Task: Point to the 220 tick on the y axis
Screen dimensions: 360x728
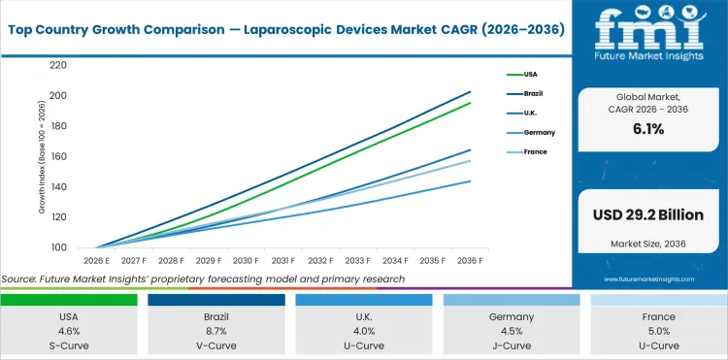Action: (x=57, y=65)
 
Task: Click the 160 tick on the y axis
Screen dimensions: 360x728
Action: (x=57, y=156)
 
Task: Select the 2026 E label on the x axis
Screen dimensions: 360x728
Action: (x=97, y=260)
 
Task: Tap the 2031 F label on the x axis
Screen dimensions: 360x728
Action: (x=283, y=260)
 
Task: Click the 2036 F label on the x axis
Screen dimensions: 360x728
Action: (x=471, y=260)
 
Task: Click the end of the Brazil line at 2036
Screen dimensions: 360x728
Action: (x=471, y=92)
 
